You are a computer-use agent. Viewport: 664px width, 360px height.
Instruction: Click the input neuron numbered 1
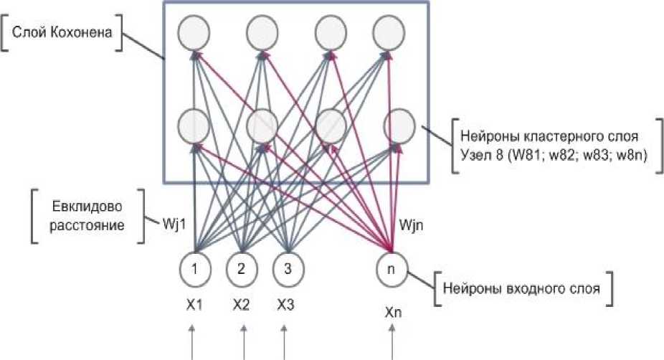pos(194,270)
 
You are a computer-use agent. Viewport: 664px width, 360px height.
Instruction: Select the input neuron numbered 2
pos(242,270)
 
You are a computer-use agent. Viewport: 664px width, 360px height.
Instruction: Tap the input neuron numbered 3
pos(287,270)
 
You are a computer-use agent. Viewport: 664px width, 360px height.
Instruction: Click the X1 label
pos(194,304)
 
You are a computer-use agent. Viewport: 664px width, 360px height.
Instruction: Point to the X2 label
pos(242,304)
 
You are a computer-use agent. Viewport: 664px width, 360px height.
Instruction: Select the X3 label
pos(286,304)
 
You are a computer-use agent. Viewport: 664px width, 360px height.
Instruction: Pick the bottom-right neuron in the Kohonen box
pos(398,126)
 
